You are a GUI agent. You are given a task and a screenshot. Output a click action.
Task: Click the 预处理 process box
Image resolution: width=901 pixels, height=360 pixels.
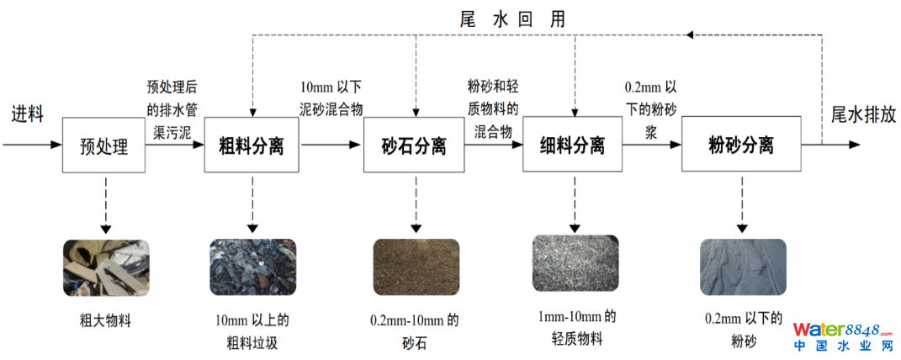[x=104, y=146]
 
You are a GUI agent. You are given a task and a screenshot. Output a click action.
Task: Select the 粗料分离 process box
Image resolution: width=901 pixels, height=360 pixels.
[x=252, y=146]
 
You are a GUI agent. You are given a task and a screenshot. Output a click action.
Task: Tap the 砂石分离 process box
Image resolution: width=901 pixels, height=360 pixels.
[x=414, y=146]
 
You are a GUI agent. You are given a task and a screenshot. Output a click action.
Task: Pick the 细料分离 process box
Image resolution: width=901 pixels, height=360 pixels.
[x=572, y=146]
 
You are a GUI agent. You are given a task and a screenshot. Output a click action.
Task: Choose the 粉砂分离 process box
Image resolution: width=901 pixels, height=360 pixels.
[x=741, y=146]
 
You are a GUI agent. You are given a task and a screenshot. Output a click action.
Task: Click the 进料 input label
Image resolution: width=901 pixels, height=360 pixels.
[x=27, y=115]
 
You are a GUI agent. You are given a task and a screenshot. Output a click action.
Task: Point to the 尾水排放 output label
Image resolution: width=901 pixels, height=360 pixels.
[x=863, y=115]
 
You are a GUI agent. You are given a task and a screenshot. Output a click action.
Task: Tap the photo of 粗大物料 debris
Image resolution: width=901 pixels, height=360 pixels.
[x=105, y=267]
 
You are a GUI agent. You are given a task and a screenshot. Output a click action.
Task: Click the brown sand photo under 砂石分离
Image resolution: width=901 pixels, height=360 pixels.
[x=416, y=267]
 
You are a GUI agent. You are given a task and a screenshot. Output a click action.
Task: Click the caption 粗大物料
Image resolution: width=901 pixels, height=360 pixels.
[x=105, y=320]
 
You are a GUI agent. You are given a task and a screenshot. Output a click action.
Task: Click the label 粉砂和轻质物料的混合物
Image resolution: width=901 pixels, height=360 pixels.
[x=493, y=109]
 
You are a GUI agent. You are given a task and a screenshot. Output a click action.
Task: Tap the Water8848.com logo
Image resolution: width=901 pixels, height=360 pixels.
[x=841, y=336]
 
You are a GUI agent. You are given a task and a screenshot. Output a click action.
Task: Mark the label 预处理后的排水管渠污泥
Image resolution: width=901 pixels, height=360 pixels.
[x=172, y=109]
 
